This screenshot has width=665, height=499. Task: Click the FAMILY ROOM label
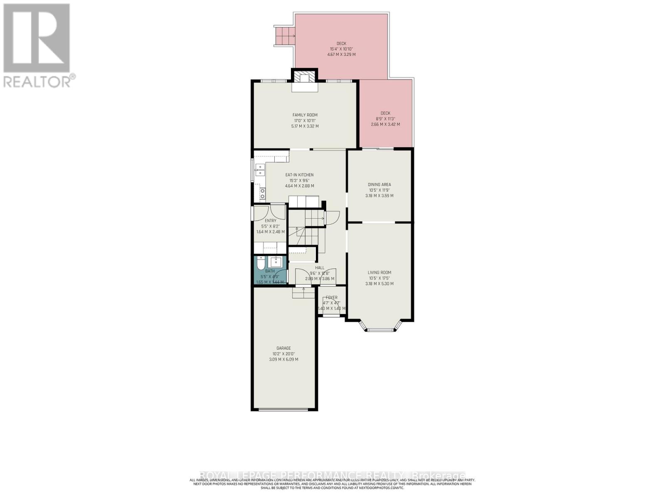pyautogui.click(x=305, y=115)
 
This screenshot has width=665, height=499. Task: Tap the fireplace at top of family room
pyautogui.click(x=305, y=78)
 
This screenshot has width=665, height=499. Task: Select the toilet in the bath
pyautogui.click(x=261, y=264)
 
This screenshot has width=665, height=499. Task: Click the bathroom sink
pyautogui.click(x=276, y=262)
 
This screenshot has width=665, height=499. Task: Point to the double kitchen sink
pyautogui.click(x=260, y=170)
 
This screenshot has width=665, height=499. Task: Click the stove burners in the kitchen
pyautogui.click(x=262, y=194)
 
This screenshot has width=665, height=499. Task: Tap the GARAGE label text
pyautogui.click(x=283, y=348)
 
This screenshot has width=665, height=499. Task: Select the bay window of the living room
pyautogui.click(x=380, y=329)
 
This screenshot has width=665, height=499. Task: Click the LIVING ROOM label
pyautogui.click(x=379, y=273)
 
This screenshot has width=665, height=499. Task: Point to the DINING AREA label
pyautogui.click(x=379, y=185)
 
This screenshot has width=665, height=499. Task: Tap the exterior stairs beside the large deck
pyautogui.click(x=284, y=36)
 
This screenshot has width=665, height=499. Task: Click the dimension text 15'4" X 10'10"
pyautogui.click(x=341, y=49)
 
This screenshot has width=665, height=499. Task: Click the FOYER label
pyautogui.click(x=331, y=298)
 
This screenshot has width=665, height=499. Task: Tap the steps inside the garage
pyautogui.click(x=303, y=294)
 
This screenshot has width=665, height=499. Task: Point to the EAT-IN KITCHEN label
pyautogui.click(x=299, y=175)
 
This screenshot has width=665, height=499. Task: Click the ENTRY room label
pyautogui.click(x=270, y=221)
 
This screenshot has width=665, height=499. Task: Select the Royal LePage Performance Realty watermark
pyautogui.click(x=332, y=475)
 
